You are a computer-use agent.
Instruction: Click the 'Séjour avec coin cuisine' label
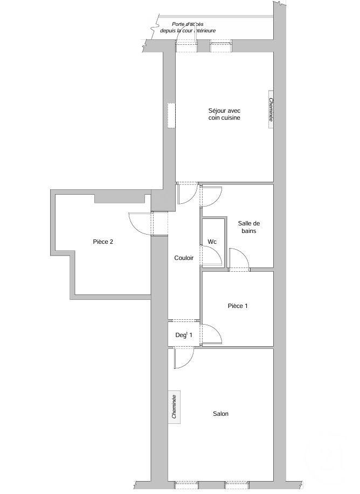[224, 114]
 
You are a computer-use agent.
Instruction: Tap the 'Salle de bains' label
[249, 227]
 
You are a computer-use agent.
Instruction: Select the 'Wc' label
[212, 242]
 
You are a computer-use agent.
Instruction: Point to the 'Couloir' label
[184, 258]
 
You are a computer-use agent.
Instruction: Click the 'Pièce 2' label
[103, 242]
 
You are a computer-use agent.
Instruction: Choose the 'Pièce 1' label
[238, 306]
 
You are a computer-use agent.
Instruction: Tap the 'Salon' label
[220, 414]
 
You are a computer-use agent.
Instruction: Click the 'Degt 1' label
[184, 335]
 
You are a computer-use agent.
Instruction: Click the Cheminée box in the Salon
[174, 407]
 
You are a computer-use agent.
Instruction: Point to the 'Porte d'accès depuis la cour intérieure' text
[188, 28]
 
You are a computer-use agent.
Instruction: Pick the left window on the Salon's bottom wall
[187, 484]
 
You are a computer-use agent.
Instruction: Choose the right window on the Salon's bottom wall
[237, 484]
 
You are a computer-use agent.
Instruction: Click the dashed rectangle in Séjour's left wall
[171, 115]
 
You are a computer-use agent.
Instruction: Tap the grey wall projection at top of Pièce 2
[120, 199]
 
